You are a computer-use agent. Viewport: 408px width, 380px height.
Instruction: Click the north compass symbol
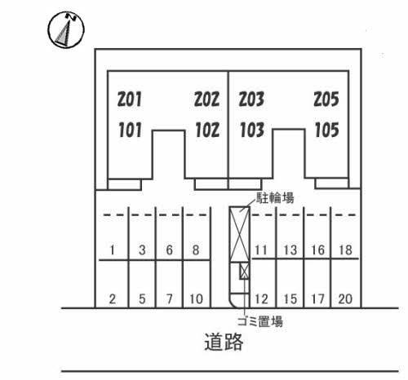pyautogui.click(x=66, y=29)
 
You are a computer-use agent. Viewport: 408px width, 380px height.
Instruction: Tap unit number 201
pyautogui.click(x=130, y=99)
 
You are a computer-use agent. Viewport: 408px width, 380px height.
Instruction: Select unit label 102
pyautogui.click(x=207, y=130)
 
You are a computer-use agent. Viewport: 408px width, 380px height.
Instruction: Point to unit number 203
pyautogui.click(x=251, y=99)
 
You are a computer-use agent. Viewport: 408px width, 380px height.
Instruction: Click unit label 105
pyautogui.click(x=327, y=130)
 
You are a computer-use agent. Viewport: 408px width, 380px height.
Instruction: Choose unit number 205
pyautogui.click(x=326, y=99)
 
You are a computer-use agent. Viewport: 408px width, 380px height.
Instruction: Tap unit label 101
pyautogui.click(x=130, y=130)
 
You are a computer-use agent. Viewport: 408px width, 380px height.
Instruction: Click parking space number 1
pyautogui.click(x=112, y=250)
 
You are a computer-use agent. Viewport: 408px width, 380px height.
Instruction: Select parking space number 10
pyautogui.click(x=196, y=299)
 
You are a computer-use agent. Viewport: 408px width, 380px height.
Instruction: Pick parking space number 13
pyautogui.click(x=290, y=250)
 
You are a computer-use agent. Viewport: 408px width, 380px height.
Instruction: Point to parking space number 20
pyautogui.click(x=345, y=299)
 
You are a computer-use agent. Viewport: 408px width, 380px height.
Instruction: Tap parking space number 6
pyautogui.click(x=169, y=250)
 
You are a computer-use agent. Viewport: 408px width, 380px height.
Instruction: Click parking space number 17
pyautogui.click(x=317, y=299)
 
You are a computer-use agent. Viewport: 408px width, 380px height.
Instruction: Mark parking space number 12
pyautogui.click(x=261, y=299)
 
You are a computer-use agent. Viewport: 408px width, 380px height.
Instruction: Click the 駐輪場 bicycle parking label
pyautogui.click(x=275, y=198)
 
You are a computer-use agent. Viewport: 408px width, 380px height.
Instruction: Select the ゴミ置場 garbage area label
pyautogui.click(x=260, y=321)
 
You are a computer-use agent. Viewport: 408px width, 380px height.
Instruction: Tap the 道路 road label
pyautogui.click(x=224, y=342)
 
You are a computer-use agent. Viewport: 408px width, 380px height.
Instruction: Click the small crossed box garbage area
pyautogui.click(x=244, y=271)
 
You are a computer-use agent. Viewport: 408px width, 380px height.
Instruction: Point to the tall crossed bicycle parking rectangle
pyautogui.click(x=239, y=235)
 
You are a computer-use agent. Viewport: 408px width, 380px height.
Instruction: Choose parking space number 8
pyautogui.click(x=196, y=250)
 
